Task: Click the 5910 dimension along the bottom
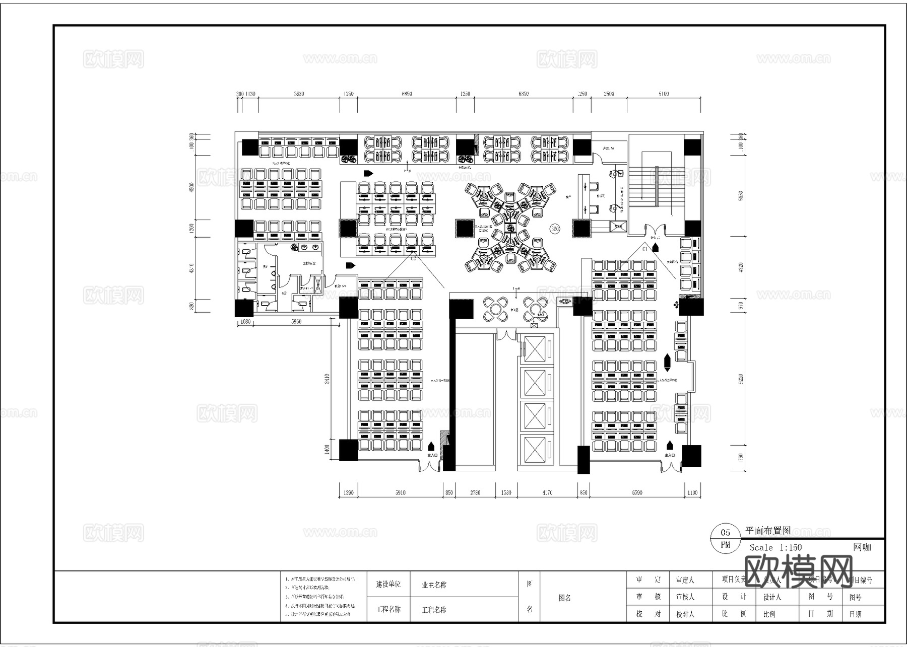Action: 400,492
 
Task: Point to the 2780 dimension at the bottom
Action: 475,492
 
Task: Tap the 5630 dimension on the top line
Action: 299,94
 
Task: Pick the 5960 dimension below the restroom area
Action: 296,321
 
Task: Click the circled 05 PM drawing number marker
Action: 725,538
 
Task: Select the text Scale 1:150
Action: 775,547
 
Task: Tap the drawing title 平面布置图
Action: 767,531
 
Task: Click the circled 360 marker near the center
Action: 555,229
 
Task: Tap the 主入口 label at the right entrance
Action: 669,455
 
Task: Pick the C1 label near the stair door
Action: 644,249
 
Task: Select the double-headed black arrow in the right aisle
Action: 667,361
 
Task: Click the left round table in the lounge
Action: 495,309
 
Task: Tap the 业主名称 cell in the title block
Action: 434,585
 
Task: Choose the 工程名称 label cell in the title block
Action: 388,609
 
